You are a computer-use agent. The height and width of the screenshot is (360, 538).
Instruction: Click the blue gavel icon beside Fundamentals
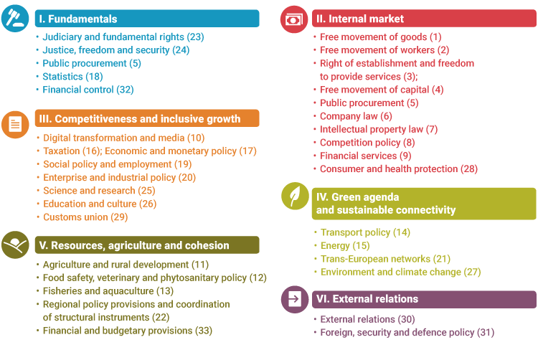click(x=15, y=19)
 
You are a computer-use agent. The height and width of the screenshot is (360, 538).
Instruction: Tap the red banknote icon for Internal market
click(x=293, y=19)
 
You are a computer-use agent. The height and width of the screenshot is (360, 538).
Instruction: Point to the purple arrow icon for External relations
click(x=293, y=299)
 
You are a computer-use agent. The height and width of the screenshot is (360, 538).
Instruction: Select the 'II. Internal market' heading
click(x=359, y=19)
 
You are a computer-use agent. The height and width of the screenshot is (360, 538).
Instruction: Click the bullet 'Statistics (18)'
click(x=72, y=77)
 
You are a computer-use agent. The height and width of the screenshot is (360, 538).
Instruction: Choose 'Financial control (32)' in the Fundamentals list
click(x=88, y=90)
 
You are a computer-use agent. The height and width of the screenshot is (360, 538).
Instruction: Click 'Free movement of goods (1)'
click(x=381, y=37)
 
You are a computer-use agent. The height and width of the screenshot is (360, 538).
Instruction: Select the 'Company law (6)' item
click(x=356, y=116)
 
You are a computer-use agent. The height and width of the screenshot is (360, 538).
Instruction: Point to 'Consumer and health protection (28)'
click(x=399, y=169)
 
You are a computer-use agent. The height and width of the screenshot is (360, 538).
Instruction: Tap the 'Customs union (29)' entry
click(x=85, y=217)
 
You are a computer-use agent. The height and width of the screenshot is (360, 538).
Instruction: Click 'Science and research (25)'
click(x=99, y=191)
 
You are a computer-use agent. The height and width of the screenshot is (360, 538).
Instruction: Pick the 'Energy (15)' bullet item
click(x=345, y=246)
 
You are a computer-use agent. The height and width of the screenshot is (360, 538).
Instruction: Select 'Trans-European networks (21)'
click(x=385, y=259)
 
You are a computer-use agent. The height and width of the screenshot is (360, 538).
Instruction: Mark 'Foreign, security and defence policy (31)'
click(x=407, y=333)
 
